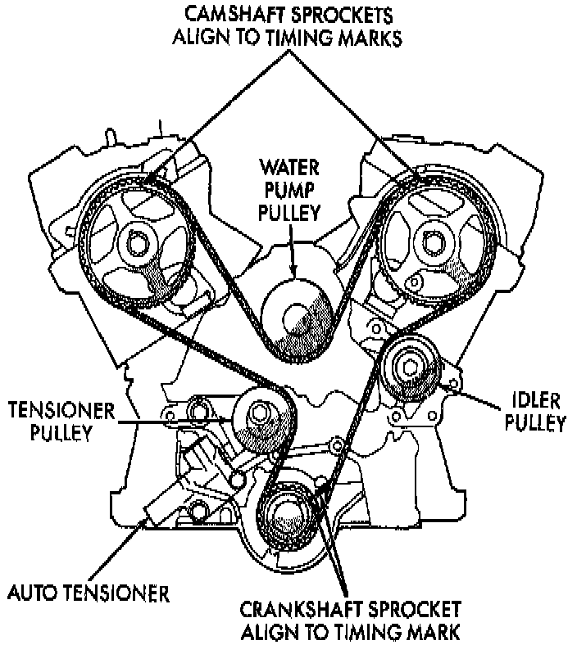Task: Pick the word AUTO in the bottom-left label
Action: [x=33, y=590]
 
